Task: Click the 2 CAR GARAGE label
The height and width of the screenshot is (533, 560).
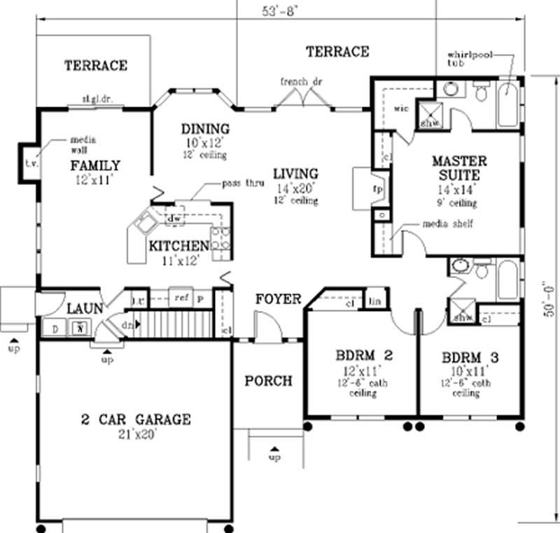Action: pyautogui.click(x=136, y=420)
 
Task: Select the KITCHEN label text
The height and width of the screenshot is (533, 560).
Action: pyautogui.click(x=178, y=246)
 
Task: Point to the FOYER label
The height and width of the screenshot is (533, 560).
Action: pyautogui.click(x=277, y=299)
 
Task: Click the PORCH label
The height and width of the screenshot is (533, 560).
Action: pyautogui.click(x=267, y=381)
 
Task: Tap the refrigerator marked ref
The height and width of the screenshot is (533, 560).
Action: pyautogui.click(x=181, y=298)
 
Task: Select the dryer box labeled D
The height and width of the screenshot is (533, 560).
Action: pyautogui.click(x=53, y=326)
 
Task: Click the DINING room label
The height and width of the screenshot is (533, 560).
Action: pyautogui.click(x=205, y=129)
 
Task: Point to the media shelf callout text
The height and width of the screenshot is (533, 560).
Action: pyautogui.click(x=448, y=224)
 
